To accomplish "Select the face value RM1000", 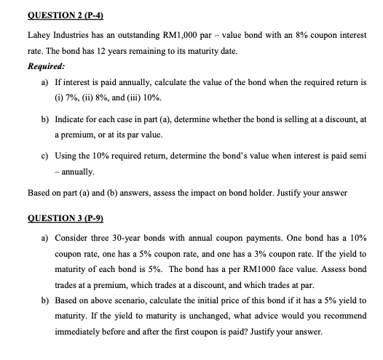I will pyautogui.click(x=279, y=273).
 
